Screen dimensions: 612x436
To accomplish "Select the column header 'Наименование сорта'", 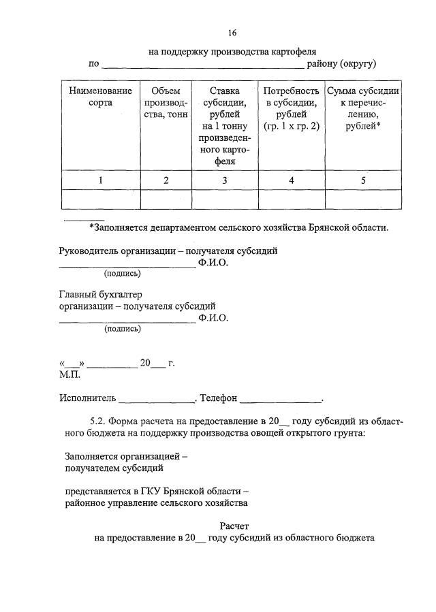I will click(x=101, y=97).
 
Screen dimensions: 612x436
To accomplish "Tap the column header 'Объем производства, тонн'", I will click(x=166, y=102).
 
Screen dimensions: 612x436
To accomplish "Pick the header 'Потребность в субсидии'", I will click(x=292, y=108).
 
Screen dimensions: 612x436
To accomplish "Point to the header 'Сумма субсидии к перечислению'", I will click(x=363, y=108).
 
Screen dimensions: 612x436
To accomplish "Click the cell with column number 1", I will click(x=101, y=180).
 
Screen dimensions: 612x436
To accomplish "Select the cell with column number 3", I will click(x=225, y=180).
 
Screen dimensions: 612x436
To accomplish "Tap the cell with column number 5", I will click(x=363, y=180).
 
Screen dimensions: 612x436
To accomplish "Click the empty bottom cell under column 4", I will click(x=292, y=199).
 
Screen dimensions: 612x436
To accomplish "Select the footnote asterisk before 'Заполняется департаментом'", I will click(x=92, y=227).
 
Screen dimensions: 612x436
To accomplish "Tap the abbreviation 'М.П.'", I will click(x=69, y=374).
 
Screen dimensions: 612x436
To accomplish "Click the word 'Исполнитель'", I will click(x=87, y=398).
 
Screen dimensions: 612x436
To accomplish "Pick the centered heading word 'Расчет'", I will click(x=235, y=526).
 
